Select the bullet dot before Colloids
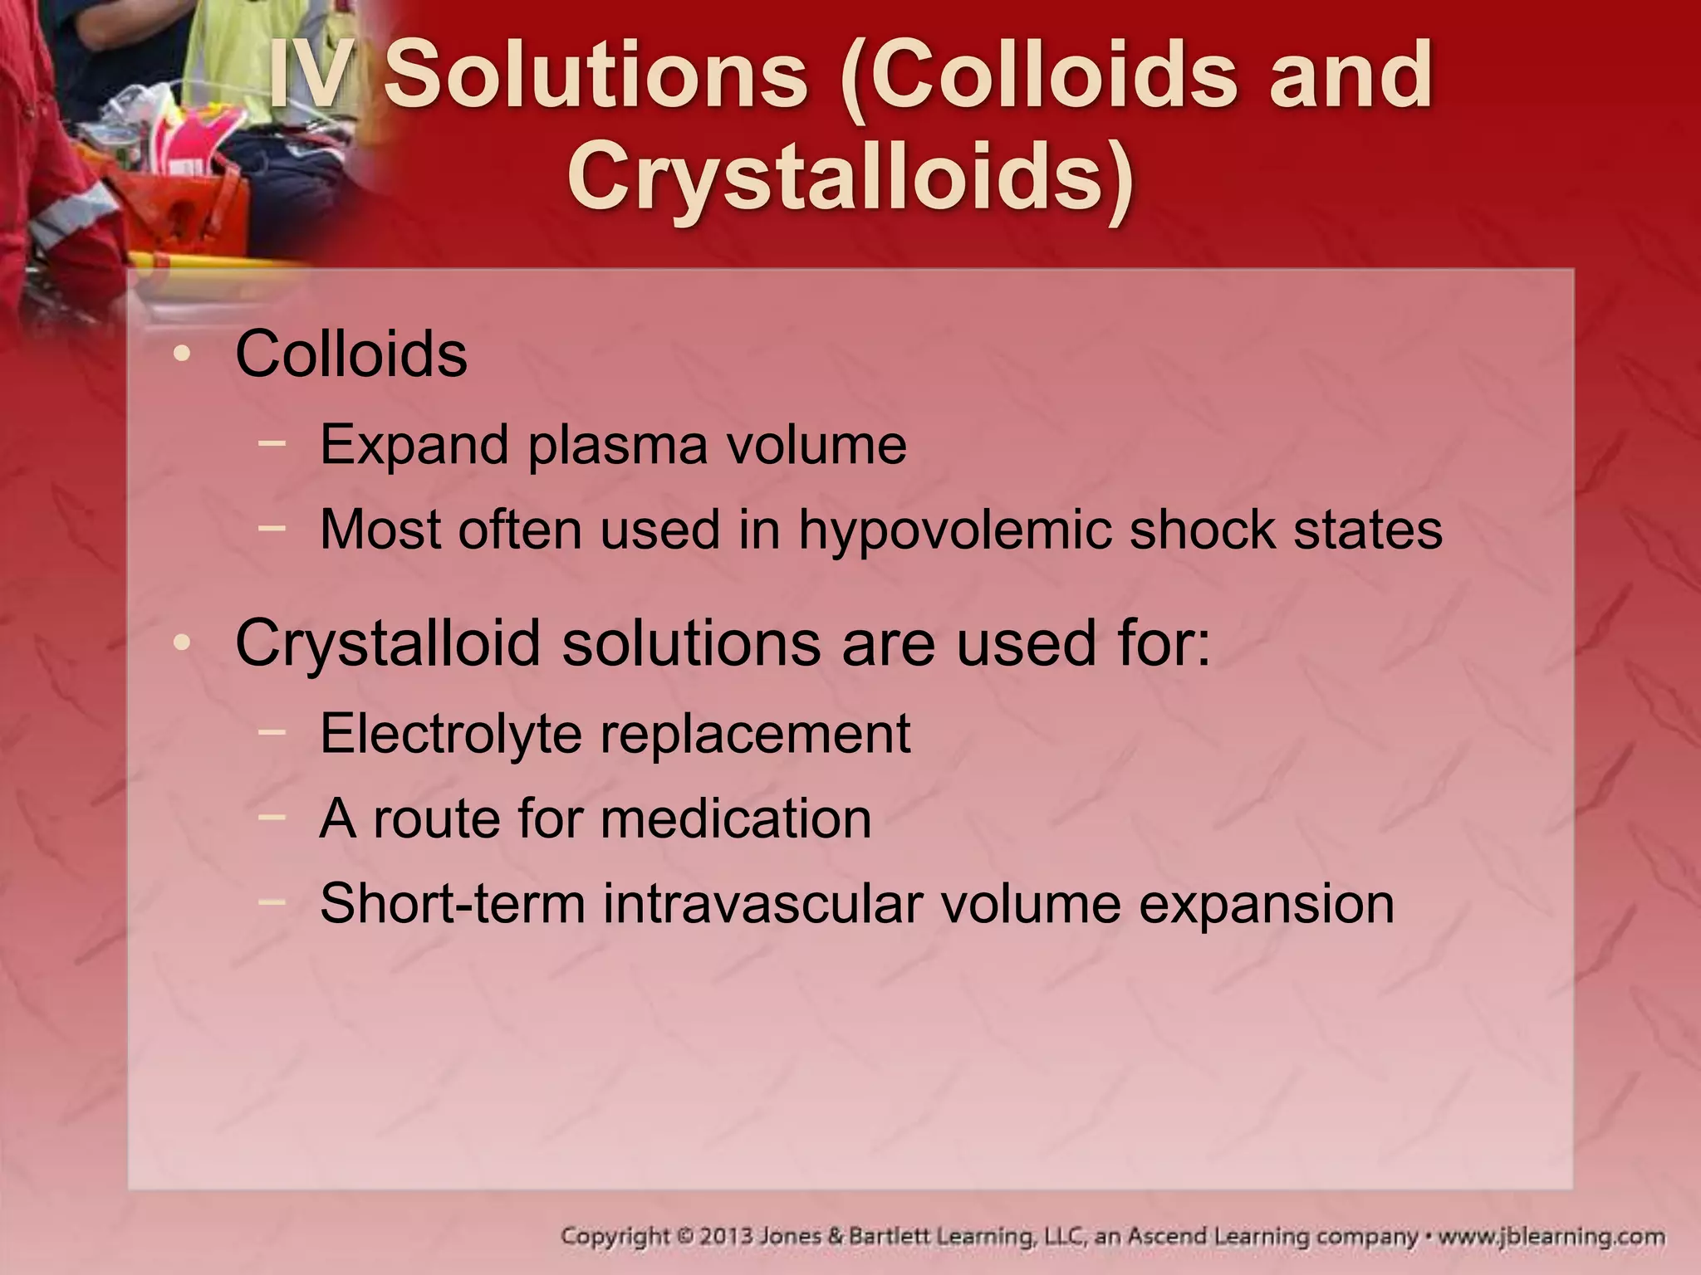[182, 355]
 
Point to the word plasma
[618, 446]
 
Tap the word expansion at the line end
[1266, 904]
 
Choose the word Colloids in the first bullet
[351, 355]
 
